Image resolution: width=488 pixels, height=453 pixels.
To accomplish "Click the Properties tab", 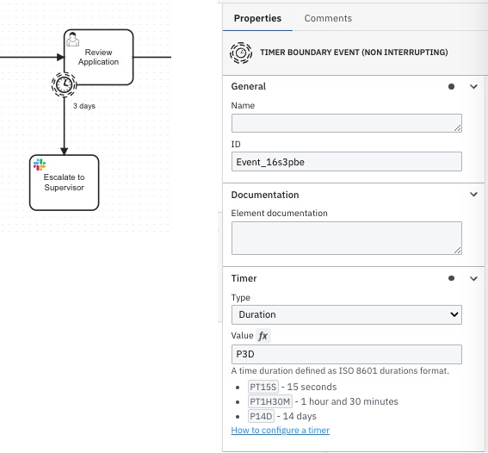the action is (x=257, y=18).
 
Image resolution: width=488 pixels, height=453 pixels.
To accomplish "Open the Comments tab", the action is (x=328, y=18).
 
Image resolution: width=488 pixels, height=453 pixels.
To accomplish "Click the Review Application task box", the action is (x=99, y=57).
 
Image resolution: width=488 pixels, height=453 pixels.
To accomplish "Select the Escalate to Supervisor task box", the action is (x=64, y=183).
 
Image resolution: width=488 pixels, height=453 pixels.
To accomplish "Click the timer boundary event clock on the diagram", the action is (x=64, y=84).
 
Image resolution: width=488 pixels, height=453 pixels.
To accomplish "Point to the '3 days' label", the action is (x=84, y=106).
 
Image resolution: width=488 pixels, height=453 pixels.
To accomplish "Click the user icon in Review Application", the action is (x=73, y=40).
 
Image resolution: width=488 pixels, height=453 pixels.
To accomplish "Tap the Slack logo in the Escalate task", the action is (x=40, y=164).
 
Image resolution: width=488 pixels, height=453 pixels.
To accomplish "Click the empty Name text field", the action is (x=346, y=123).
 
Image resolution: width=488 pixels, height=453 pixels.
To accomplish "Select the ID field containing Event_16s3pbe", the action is (x=346, y=162).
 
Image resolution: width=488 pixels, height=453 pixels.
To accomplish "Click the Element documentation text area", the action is (x=346, y=238).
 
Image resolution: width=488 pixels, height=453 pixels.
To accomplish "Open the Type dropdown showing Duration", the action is (x=346, y=314).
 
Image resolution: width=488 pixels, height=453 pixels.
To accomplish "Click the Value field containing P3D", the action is (x=346, y=354).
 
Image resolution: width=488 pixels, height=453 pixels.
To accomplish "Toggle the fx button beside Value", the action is (x=263, y=336).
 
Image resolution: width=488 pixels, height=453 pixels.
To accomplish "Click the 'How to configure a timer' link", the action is (x=280, y=430).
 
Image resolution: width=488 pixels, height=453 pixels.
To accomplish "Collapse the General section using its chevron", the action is (x=473, y=87).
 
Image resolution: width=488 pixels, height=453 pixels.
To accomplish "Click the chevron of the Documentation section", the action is (x=473, y=195).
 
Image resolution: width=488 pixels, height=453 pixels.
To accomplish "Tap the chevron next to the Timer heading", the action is (x=473, y=278).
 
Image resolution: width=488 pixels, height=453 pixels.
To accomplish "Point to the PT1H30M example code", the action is (x=270, y=401).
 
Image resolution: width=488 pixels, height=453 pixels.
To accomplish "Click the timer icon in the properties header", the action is (x=241, y=53).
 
